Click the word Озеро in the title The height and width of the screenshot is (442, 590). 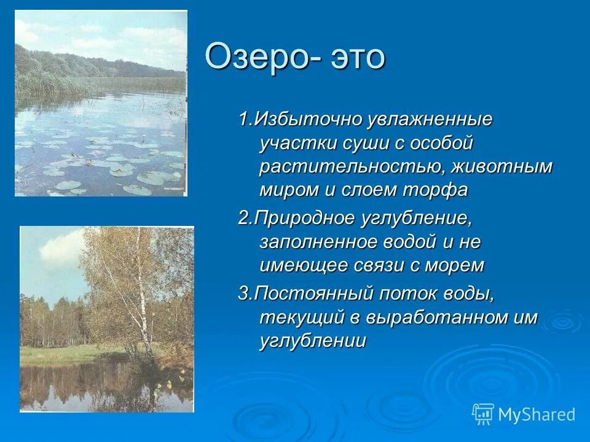click(259, 56)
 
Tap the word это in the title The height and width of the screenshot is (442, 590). click(358, 56)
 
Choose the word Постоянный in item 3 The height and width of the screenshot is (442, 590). click(314, 293)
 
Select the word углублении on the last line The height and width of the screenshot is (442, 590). click(313, 341)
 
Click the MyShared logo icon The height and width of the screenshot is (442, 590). click(483, 413)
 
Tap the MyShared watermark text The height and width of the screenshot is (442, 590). click(537, 414)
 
